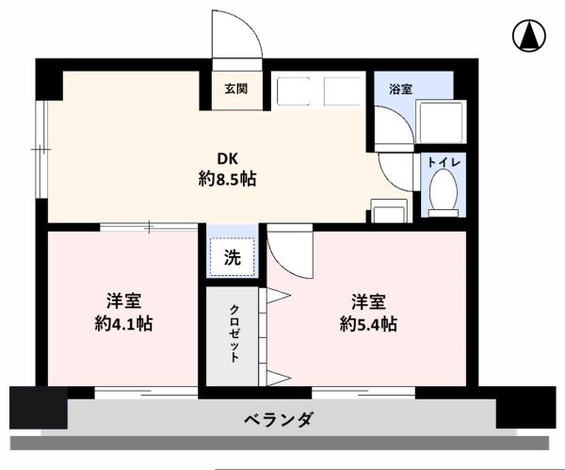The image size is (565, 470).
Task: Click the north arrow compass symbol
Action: tap(530, 37)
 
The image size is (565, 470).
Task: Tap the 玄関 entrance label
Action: tap(234, 89)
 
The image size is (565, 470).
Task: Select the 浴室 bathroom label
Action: tap(400, 89)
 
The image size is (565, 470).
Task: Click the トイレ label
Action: tap(443, 163)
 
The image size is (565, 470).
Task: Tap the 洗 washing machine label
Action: tap(232, 255)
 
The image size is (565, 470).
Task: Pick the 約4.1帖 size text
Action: tap(123, 324)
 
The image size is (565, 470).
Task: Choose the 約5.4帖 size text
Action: tap(368, 324)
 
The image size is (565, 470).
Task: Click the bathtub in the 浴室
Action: tap(440, 122)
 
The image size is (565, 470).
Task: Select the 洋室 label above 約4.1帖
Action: tap(123, 302)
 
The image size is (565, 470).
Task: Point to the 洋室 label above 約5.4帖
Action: tap(368, 302)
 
